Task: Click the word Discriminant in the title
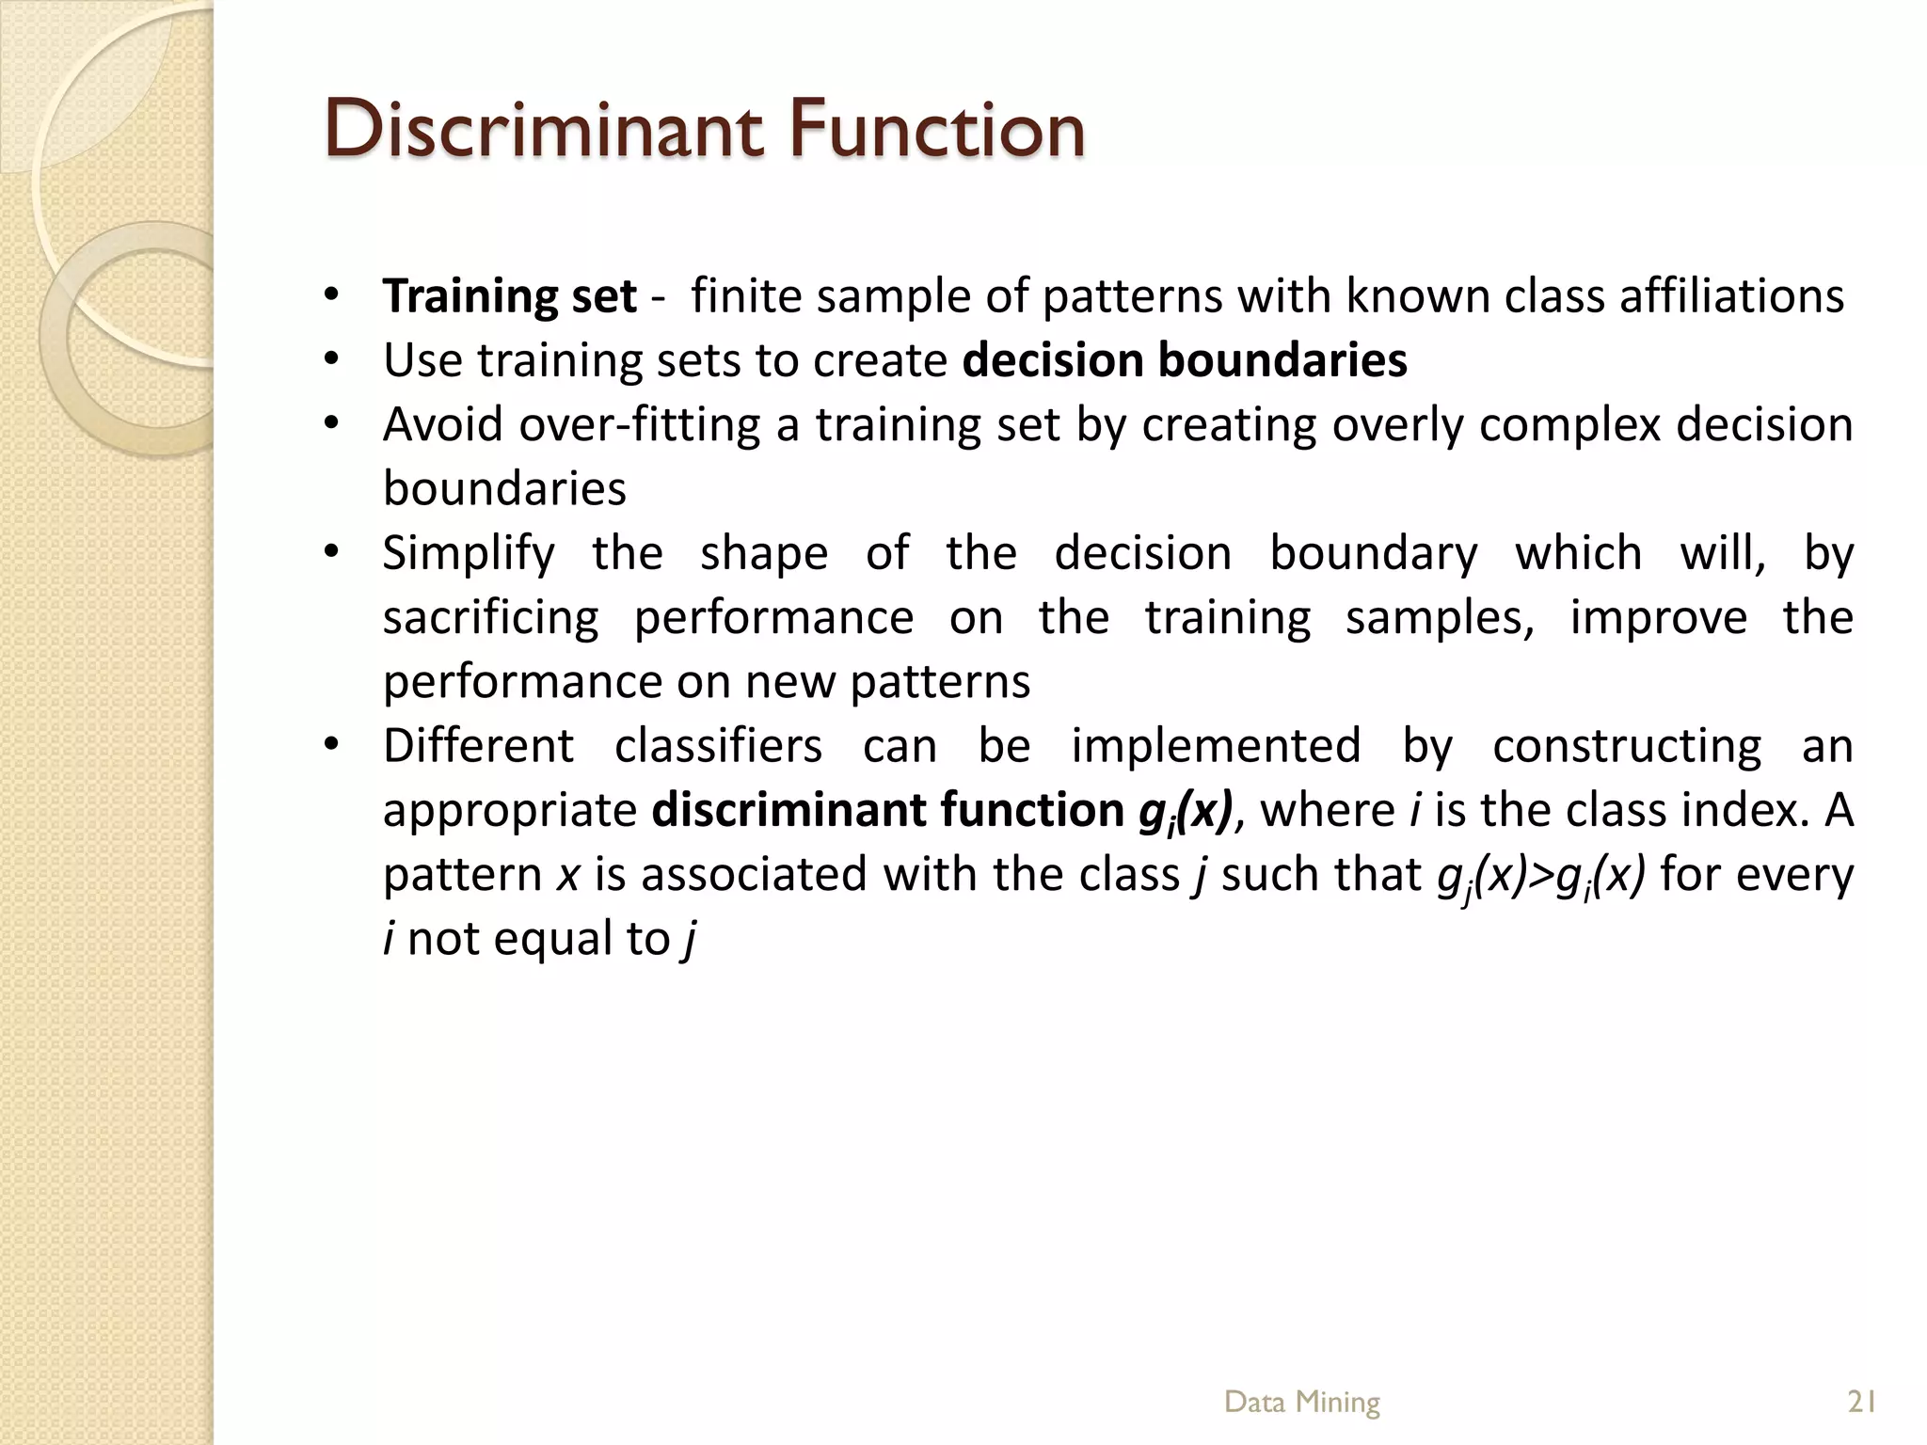[x=544, y=129]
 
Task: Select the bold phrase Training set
[x=509, y=296]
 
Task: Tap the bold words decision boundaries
[x=1185, y=360]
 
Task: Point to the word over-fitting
[x=639, y=425]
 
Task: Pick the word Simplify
[x=469, y=554]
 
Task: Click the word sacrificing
[x=490, y=618]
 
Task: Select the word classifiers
[x=718, y=746]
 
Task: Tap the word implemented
[x=1216, y=746]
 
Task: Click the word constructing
[x=1627, y=746]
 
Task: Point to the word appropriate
[x=510, y=811]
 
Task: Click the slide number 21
[x=1862, y=1402]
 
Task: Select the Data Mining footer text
[x=1301, y=1402]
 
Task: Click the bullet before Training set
[x=329, y=296]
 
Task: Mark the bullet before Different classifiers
[x=329, y=746]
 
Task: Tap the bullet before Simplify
[x=329, y=553]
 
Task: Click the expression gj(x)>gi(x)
[x=1541, y=876]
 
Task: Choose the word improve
[x=1658, y=618]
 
